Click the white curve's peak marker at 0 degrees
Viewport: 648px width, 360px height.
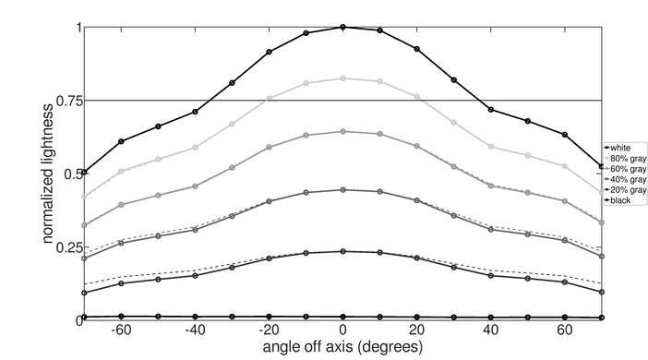point(343,27)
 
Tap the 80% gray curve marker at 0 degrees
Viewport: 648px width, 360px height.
point(343,78)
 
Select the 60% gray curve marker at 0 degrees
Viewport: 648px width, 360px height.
point(343,131)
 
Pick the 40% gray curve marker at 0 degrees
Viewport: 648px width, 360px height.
point(343,190)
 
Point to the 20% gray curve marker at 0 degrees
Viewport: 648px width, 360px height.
point(343,251)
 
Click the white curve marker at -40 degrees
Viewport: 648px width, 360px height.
point(195,112)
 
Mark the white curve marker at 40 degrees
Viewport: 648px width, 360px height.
point(491,110)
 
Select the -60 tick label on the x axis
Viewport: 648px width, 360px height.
point(119,330)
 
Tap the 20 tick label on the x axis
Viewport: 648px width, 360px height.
point(417,330)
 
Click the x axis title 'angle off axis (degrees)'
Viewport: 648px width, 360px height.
point(343,348)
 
